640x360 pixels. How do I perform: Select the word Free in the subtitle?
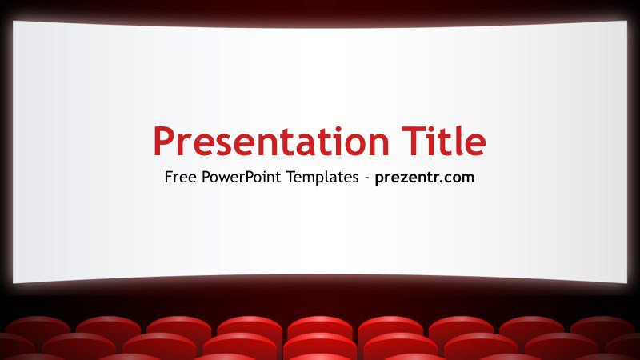[180, 178]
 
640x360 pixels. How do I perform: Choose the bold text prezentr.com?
[425, 178]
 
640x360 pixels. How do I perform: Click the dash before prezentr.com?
[366, 178]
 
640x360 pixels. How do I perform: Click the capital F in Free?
[169, 178]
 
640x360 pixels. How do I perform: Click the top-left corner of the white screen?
[14, 22]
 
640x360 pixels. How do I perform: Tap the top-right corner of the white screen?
[626, 22]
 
